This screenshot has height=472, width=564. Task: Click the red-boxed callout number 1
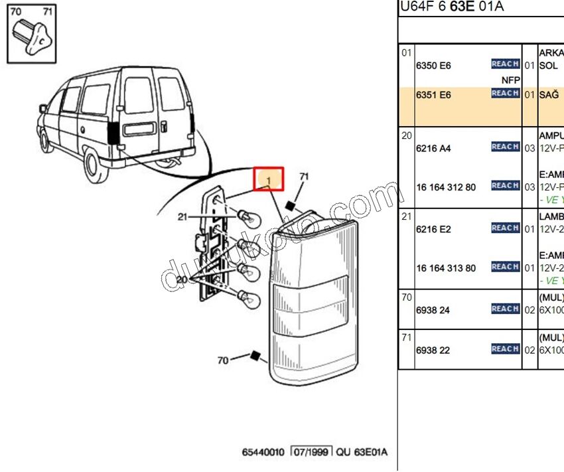(269, 180)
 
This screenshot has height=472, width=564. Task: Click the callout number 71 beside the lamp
(304, 177)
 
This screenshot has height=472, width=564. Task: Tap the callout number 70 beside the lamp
(223, 360)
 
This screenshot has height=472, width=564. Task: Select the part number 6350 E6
(433, 66)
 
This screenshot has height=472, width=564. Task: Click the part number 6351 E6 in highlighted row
(433, 95)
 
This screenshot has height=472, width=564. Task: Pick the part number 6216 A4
(433, 148)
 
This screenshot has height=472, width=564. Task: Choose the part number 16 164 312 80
(445, 187)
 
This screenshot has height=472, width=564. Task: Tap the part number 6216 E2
(433, 229)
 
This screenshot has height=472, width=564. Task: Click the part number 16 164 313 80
(445, 268)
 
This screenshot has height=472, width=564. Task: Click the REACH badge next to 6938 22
(505, 349)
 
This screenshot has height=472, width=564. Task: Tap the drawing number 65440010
(263, 452)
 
